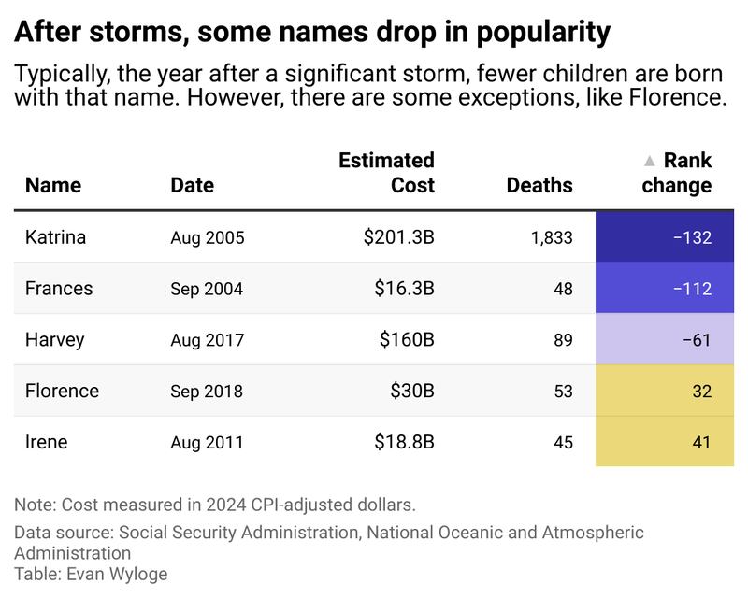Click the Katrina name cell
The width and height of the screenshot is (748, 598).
point(55,237)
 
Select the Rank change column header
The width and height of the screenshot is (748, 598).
point(676,173)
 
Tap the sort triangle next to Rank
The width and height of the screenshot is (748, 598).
point(649,161)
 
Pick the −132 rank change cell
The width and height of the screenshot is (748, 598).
point(665,236)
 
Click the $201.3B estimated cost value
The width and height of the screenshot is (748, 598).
point(399,237)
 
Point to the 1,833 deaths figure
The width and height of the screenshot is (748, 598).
point(552,237)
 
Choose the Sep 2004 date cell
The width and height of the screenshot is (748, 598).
point(207,289)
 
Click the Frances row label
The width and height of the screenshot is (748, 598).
point(59,289)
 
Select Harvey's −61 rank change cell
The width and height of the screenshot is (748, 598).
point(665,339)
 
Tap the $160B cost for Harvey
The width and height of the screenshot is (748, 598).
point(407,339)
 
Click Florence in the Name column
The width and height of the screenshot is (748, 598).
point(62,391)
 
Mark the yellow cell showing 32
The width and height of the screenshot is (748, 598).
point(665,391)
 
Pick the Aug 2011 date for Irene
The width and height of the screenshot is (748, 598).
point(207,443)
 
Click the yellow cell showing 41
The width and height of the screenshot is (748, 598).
point(665,441)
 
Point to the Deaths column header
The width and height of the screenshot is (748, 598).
point(539,185)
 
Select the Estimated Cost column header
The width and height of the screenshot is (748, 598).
point(386,173)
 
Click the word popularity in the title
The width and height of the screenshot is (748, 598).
point(543,33)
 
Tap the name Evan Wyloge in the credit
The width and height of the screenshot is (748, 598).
point(117,574)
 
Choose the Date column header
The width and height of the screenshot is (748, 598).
point(193,185)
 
